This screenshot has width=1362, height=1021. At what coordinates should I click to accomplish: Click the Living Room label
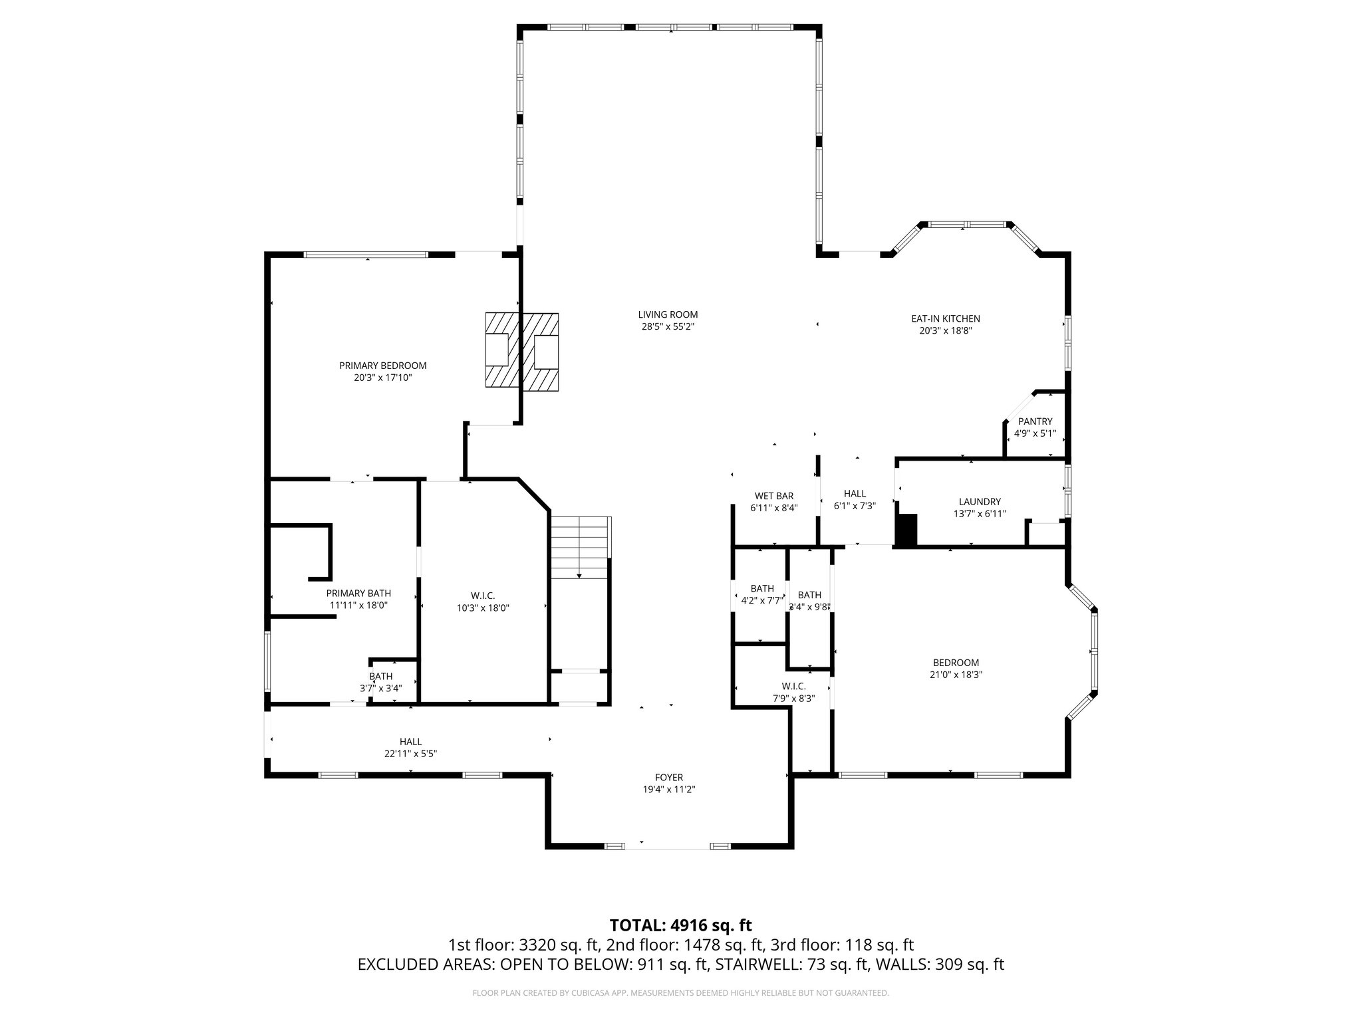(668, 314)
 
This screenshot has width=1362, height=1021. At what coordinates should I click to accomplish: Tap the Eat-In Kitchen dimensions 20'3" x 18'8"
(945, 330)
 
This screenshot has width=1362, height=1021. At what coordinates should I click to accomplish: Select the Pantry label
(1035, 421)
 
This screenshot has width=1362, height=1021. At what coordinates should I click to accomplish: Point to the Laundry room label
(980, 502)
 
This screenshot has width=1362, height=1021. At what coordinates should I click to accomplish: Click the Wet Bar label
(773, 496)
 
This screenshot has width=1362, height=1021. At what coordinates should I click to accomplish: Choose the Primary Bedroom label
(382, 366)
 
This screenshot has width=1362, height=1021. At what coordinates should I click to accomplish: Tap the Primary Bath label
(358, 593)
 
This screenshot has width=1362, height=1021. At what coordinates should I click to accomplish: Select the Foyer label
(668, 777)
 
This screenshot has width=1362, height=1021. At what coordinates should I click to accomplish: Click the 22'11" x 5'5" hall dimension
(410, 754)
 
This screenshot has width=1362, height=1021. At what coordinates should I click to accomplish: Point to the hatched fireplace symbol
(521, 350)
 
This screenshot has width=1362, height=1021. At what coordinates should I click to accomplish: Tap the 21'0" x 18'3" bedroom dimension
(956, 674)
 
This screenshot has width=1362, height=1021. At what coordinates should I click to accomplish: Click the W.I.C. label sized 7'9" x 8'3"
(793, 686)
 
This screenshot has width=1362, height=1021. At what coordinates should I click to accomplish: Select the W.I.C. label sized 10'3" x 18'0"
(483, 596)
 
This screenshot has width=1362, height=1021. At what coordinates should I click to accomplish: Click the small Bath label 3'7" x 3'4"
(380, 677)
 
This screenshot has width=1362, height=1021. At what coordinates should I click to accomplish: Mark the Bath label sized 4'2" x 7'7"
(762, 588)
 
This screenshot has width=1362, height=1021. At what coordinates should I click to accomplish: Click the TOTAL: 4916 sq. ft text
(680, 925)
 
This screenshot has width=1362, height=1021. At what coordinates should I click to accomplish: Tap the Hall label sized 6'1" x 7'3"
(855, 493)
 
